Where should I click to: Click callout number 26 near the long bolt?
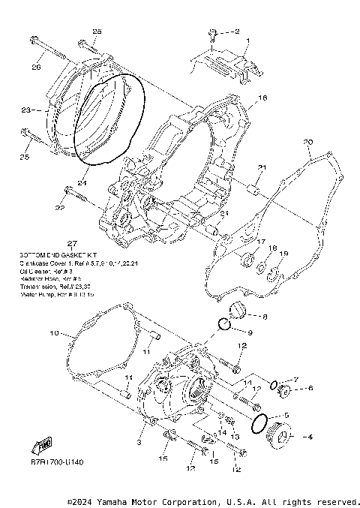click(35, 68)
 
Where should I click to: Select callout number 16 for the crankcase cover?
click(262, 98)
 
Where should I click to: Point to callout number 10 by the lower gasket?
click(53, 332)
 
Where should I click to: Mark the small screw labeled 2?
click(214, 33)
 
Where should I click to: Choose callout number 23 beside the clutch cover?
click(25, 110)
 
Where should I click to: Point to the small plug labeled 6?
click(286, 390)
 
